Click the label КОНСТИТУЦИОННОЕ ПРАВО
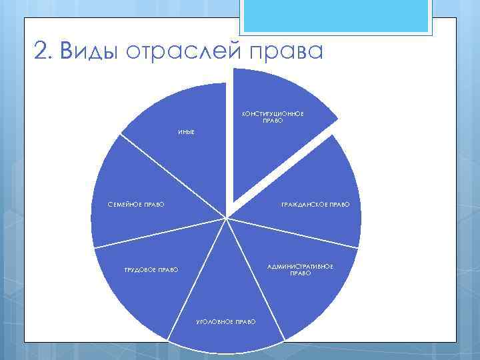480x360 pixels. point(273,117)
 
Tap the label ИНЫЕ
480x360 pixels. point(186,133)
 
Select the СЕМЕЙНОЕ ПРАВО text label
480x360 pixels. point(136,204)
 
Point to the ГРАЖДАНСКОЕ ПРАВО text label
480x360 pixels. point(315,204)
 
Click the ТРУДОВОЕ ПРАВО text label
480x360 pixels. point(151,269)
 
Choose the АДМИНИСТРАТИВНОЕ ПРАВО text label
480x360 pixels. point(300,269)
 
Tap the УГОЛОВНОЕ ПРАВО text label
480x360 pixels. point(226,322)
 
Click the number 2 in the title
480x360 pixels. point(42,51)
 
